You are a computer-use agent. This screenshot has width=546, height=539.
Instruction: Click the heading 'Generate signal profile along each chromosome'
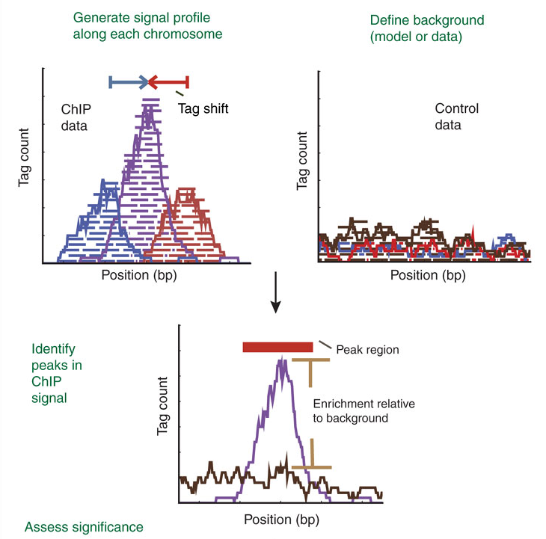pos(147,25)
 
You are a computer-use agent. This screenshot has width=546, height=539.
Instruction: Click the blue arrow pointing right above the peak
pos(129,81)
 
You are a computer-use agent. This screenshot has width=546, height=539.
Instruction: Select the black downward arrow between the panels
pos(275,298)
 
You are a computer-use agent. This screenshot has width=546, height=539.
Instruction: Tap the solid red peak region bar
pos(277,347)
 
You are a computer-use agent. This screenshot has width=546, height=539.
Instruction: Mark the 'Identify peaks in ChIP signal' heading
pos(57,374)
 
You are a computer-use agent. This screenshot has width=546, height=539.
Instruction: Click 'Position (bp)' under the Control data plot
pos(428,275)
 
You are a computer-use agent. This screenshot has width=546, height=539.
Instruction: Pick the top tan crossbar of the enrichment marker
pos(310,361)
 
